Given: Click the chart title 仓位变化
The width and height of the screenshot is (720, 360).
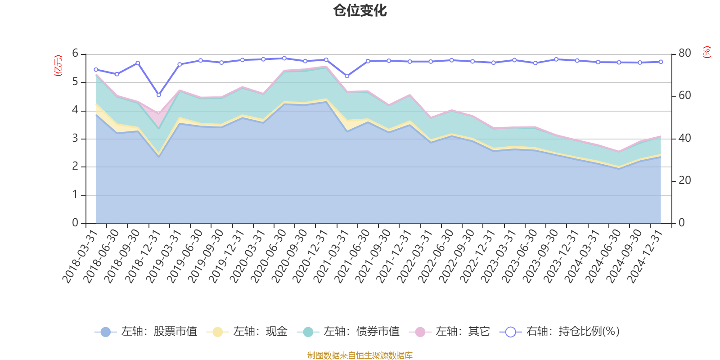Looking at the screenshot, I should pyautogui.click(x=360, y=10).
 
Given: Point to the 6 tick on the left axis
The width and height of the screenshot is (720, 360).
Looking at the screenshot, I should pyautogui.click(x=75, y=54).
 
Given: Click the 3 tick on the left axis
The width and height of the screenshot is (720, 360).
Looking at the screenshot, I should pyautogui.click(x=75, y=139).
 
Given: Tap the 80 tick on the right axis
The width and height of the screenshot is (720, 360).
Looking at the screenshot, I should pyautogui.click(x=684, y=53).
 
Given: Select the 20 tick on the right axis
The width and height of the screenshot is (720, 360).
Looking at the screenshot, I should pyautogui.click(x=684, y=180).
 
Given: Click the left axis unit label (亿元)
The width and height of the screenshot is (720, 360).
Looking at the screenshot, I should pyautogui.click(x=58, y=66).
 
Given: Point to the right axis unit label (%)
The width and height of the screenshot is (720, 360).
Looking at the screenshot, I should pyautogui.click(x=707, y=52).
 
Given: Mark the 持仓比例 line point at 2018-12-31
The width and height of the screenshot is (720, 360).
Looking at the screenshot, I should pyautogui.click(x=158, y=95).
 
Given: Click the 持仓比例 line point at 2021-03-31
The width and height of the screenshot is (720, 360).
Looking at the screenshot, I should pyautogui.click(x=347, y=76).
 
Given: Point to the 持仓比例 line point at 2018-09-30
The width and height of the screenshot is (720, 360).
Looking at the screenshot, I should pyautogui.click(x=138, y=63).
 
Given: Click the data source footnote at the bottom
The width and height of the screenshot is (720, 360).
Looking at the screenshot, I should pyautogui.click(x=360, y=355).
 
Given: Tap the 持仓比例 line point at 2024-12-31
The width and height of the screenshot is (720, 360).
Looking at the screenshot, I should pyautogui.click(x=661, y=62).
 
